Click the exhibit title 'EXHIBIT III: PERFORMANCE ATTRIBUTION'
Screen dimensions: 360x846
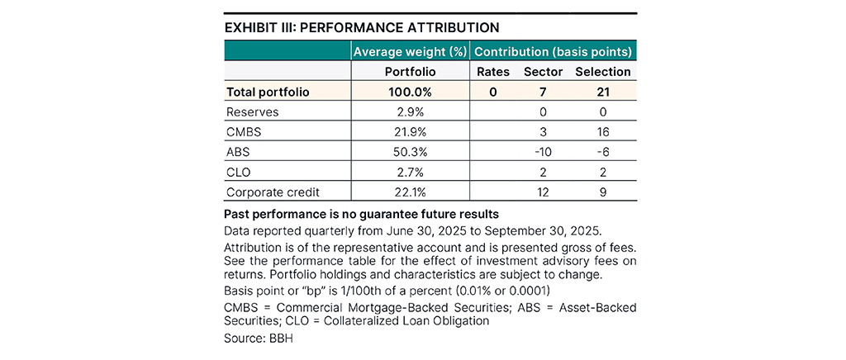[x=362, y=27]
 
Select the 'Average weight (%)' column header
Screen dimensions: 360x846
[x=410, y=51]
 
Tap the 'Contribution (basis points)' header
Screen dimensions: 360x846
[x=554, y=51]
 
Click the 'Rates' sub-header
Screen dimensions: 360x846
[x=492, y=72]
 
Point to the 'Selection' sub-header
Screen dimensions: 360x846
[x=602, y=72]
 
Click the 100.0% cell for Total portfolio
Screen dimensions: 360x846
[x=410, y=92]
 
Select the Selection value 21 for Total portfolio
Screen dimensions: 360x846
[x=602, y=92]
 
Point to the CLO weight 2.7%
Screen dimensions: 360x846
[x=410, y=173]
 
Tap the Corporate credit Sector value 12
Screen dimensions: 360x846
[x=543, y=193]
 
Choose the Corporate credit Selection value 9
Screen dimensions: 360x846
[x=602, y=193]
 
